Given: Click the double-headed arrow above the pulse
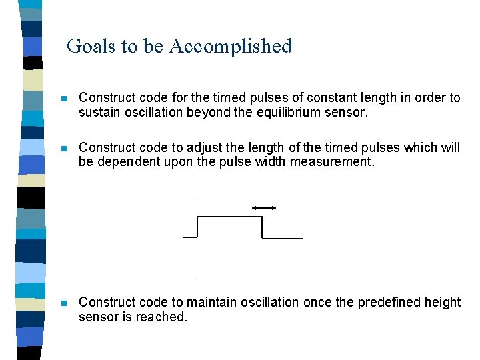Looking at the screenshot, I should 263,208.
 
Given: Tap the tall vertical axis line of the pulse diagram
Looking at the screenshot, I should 197,253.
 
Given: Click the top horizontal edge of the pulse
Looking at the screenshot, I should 229,217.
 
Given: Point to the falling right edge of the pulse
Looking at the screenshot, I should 262,227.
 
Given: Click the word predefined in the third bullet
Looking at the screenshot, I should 389,302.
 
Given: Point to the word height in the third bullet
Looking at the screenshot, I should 443,302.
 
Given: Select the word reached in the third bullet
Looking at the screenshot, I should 162,317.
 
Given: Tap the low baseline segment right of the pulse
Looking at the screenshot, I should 283,237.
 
